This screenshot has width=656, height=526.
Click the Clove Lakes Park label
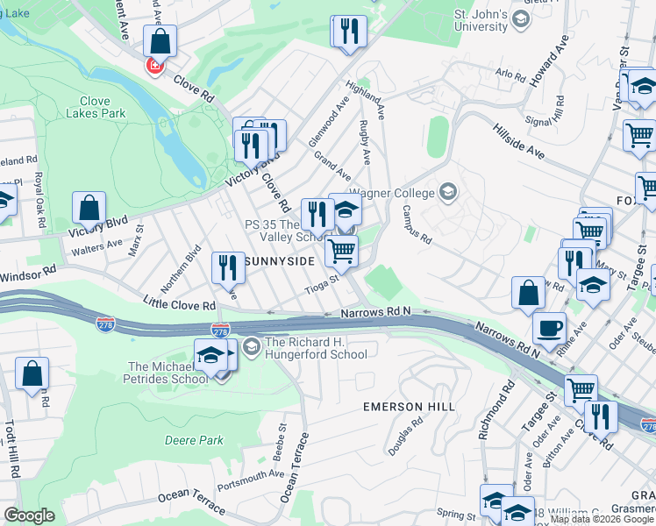[96, 107]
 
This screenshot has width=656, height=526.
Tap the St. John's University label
[481, 20]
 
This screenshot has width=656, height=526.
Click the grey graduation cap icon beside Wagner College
[449, 191]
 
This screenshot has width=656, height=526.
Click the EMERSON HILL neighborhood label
[410, 408]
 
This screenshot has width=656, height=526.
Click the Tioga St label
[321, 281]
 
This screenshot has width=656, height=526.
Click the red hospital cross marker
[155, 66]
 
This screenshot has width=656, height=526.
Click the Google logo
[29, 515]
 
